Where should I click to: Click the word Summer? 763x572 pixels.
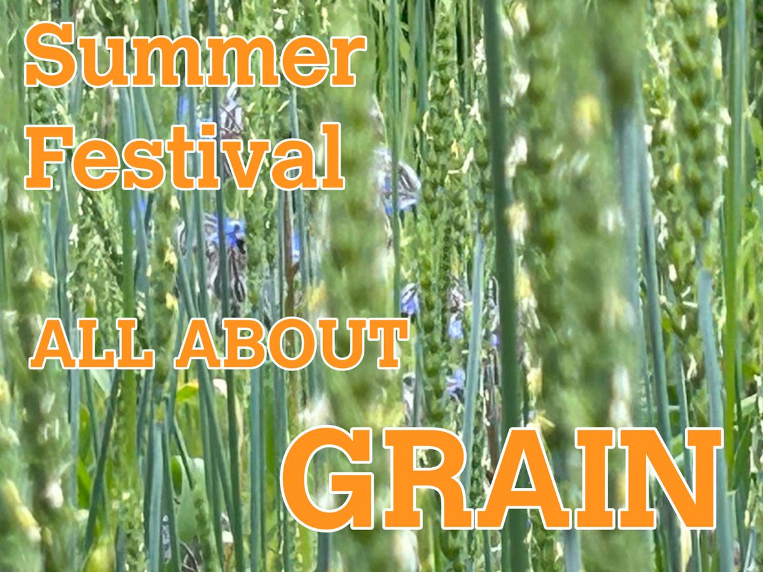click(195, 58)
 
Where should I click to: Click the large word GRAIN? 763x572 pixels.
click(502, 479)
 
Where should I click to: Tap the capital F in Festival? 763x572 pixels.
click(46, 158)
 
